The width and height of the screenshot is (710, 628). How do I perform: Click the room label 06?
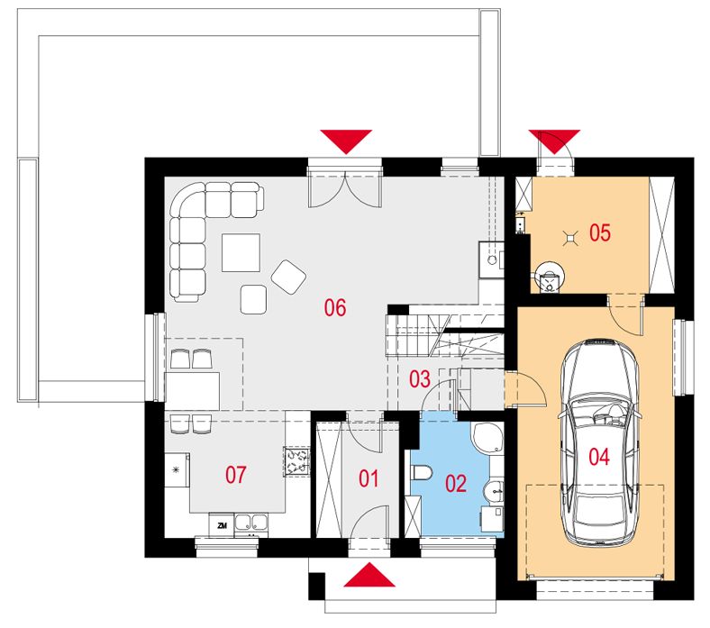[x=335, y=307]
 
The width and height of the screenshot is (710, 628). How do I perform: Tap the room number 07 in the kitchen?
[x=236, y=475]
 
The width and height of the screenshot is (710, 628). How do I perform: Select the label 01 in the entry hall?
[x=369, y=478]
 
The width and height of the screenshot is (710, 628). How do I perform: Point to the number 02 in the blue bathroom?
[x=456, y=484]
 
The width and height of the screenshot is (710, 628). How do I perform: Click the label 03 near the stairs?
[x=420, y=379]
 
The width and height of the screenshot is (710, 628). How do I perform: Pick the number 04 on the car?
[x=599, y=457]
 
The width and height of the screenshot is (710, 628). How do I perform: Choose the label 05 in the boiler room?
[x=600, y=232]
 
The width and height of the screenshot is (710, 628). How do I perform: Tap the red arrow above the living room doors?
[x=346, y=141]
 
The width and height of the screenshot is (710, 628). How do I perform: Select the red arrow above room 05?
[x=554, y=141]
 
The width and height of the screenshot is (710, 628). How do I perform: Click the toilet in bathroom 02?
[x=421, y=473]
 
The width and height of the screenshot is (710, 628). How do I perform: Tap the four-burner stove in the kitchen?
[x=297, y=461]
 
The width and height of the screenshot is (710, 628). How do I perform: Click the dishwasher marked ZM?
[x=222, y=525]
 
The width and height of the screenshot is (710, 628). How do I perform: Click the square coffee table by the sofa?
[x=241, y=252]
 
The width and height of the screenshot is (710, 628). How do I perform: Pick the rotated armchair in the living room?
[x=288, y=277]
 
